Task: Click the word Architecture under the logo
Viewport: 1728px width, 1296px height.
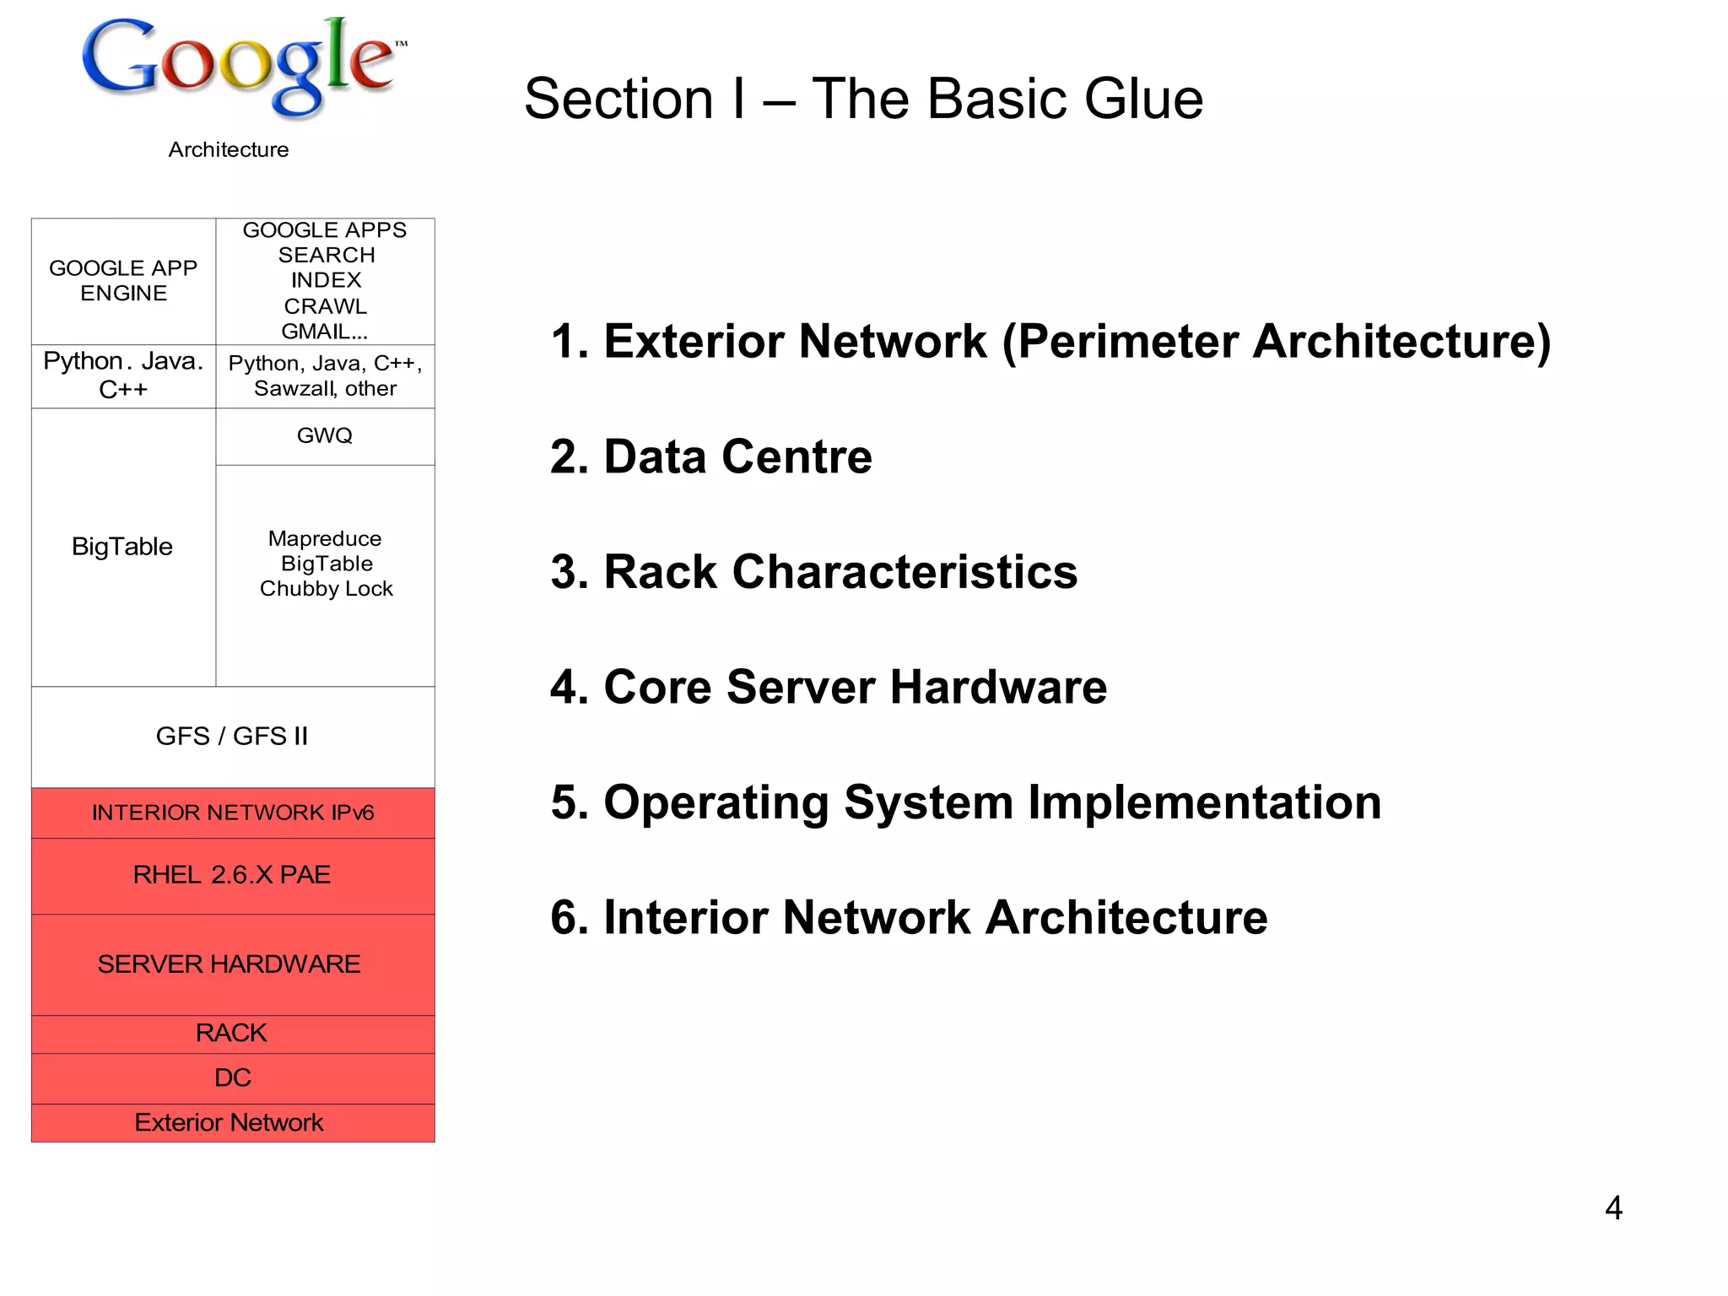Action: [228, 149]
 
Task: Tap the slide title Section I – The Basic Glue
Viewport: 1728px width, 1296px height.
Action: [862, 99]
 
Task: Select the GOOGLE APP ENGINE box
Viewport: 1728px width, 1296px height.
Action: [123, 281]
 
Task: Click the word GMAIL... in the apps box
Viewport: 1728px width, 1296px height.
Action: [325, 332]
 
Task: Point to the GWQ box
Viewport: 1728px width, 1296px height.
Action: [325, 436]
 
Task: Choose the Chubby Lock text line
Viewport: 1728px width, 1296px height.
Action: [326, 589]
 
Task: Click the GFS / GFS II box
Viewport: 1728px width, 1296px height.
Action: [233, 737]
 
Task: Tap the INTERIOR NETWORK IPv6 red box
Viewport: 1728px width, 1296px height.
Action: [233, 813]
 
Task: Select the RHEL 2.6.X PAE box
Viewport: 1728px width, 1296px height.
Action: [233, 875]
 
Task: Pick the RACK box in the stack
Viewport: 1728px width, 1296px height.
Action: [231, 1034]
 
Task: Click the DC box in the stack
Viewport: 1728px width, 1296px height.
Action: [233, 1078]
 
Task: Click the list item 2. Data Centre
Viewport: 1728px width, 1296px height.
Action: [710, 457]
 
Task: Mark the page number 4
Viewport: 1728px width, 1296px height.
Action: [1612, 1208]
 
